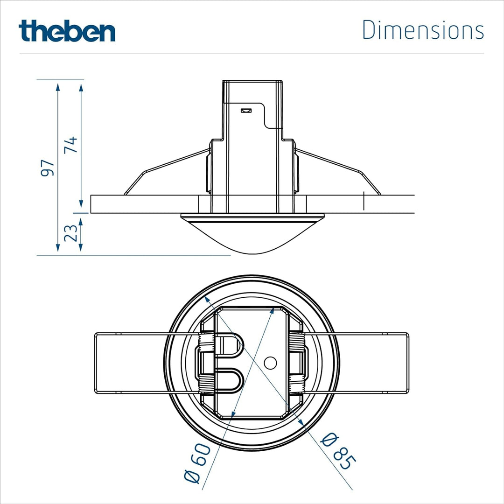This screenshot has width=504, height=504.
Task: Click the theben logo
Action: point(67,31)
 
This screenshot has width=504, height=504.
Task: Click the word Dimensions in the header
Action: point(423,30)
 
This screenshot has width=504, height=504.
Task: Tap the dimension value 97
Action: point(47,168)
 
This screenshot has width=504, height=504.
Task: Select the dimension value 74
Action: point(71,145)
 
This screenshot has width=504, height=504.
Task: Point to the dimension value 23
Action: point(71,233)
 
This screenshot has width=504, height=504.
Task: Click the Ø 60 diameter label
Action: point(197,463)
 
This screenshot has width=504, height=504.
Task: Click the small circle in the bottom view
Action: point(270,363)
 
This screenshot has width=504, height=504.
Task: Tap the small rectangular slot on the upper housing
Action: point(246,111)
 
